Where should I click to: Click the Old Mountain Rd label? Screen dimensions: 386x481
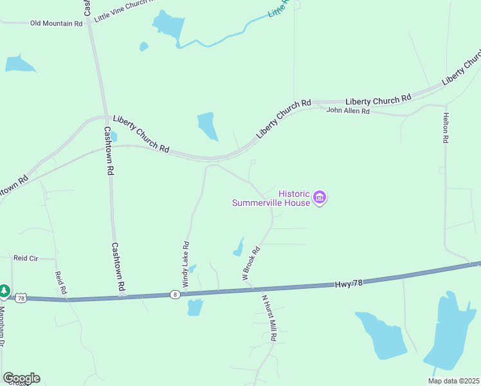[x=57, y=23]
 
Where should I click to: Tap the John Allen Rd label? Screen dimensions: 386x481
[x=348, y=111]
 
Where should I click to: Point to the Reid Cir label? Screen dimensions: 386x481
[x=26, y=258]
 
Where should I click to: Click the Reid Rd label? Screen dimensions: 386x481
[x=61, y=282]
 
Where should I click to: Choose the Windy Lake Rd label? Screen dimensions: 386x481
[x=186, y=264]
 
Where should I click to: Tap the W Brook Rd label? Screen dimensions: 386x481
[x=250, y=262]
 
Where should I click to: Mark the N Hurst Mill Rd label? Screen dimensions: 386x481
[x=269, y=318]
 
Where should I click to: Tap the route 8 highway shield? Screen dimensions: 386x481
[x=174, y=294]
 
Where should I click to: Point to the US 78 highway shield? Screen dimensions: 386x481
[x=22, y=298]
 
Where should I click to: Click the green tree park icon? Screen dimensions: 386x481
[x=5, y=291]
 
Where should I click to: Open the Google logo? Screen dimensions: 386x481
[x=21, y=378]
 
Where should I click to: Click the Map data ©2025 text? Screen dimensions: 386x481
[x=453, y=381]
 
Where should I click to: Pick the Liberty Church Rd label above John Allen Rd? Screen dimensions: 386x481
[x=378, y=100]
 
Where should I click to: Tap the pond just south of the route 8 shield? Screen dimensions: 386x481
[x=195, y=308]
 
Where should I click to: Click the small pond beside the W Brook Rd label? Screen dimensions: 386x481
[x=238, y=248]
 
